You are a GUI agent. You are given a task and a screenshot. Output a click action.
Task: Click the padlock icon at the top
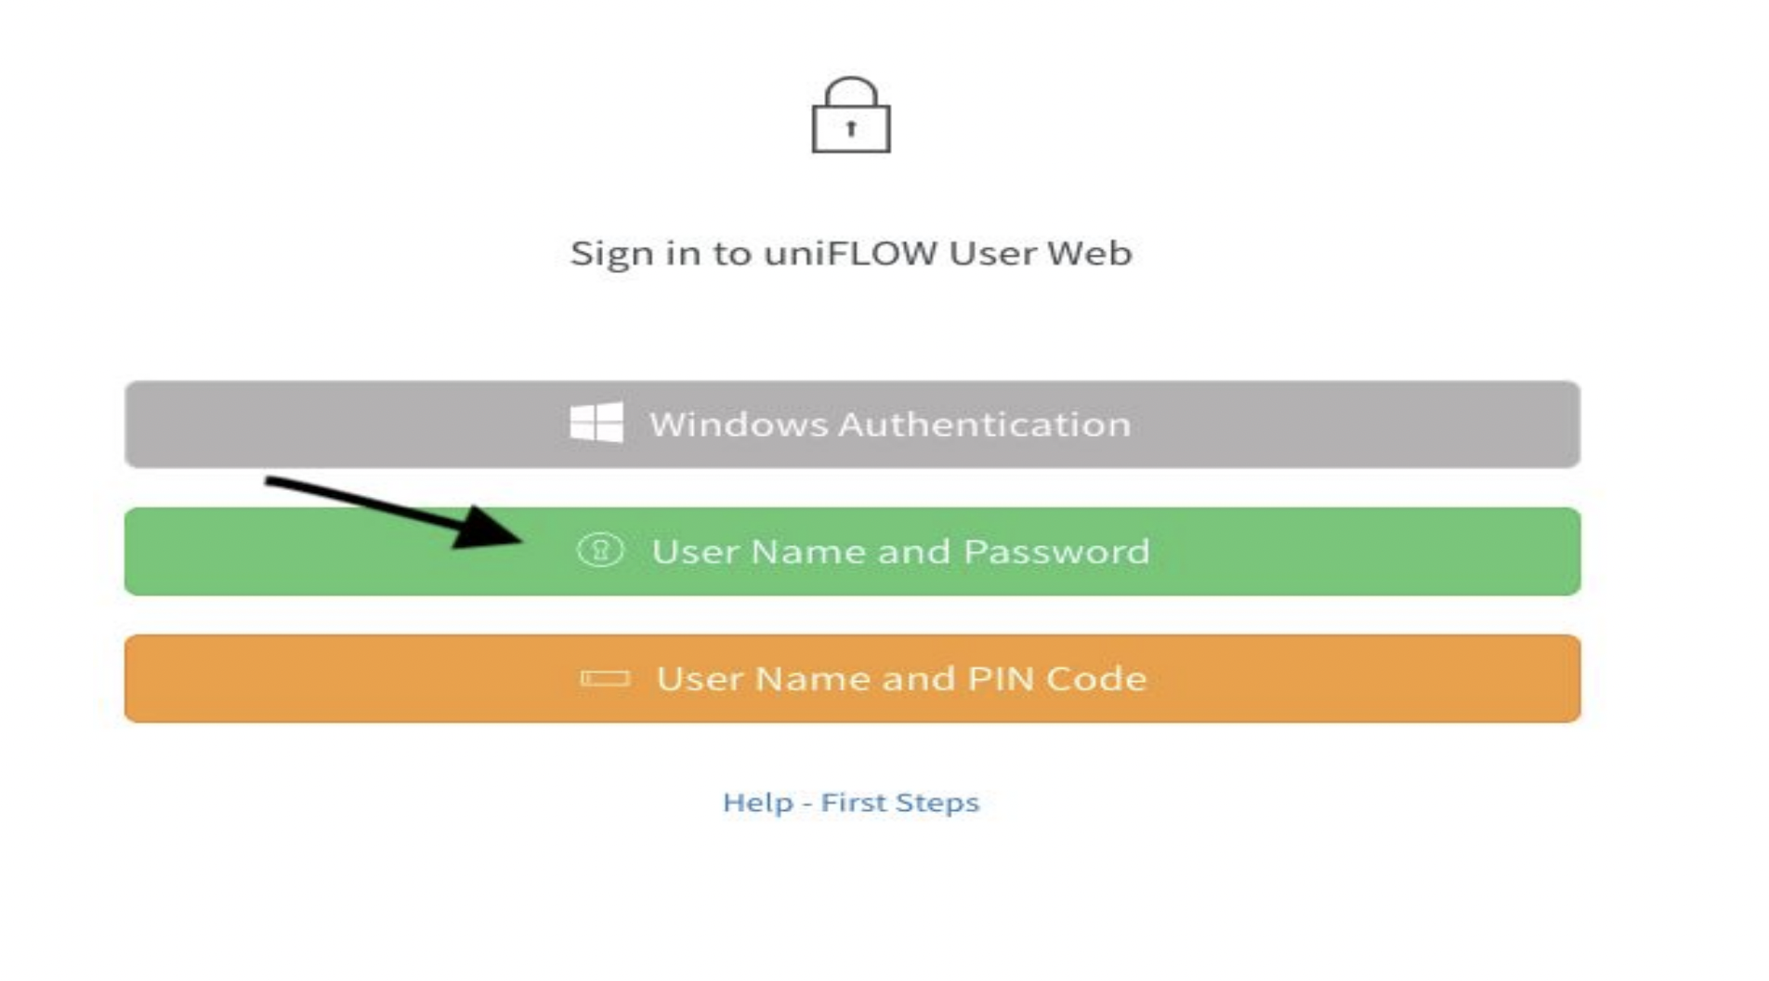coord(851,117)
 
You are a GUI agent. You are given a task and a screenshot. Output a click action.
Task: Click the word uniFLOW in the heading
coord(850,254)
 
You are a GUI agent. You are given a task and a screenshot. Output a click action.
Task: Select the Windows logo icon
coord(596,424)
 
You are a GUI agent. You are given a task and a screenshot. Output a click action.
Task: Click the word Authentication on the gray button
coord(985,425)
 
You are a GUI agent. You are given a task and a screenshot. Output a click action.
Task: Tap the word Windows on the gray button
coord(739,425)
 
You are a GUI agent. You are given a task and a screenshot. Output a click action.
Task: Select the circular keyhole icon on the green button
coord(600,550)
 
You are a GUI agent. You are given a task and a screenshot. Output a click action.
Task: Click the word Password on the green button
coord(1056,552)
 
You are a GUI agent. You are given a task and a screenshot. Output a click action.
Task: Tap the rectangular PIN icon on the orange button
coord(605,679)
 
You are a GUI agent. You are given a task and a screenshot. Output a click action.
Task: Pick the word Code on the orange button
coord(1096,679)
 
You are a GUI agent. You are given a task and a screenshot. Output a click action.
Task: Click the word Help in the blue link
coord(758,803)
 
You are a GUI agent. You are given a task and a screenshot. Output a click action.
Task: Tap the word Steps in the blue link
coord(939,803)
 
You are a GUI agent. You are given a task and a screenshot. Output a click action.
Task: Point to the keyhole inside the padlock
coord(851,129)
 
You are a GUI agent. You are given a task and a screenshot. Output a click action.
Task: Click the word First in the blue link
coord(853,803)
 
